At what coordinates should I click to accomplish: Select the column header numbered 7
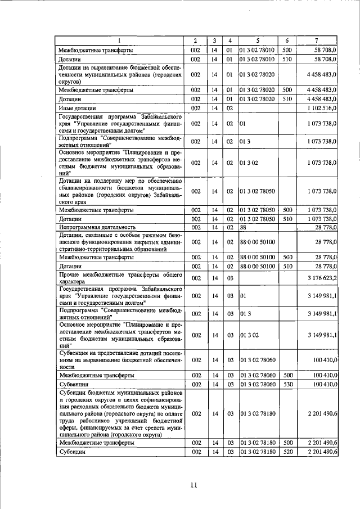(318, 40)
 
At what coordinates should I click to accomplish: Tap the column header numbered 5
(258, 40)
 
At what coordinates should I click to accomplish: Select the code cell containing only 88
(243, 227)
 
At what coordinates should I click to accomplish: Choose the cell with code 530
(286, 384)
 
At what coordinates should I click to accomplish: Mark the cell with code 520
(286, 452)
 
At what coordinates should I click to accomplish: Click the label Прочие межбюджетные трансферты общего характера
(111, 278)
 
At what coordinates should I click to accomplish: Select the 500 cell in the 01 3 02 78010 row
(286, 50)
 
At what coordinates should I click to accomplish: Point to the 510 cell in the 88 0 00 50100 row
(286, 266)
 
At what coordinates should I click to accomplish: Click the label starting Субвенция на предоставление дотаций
(111, 358)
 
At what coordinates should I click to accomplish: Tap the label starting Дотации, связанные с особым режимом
(111, 241)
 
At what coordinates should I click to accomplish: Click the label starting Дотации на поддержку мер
(111, 191)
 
